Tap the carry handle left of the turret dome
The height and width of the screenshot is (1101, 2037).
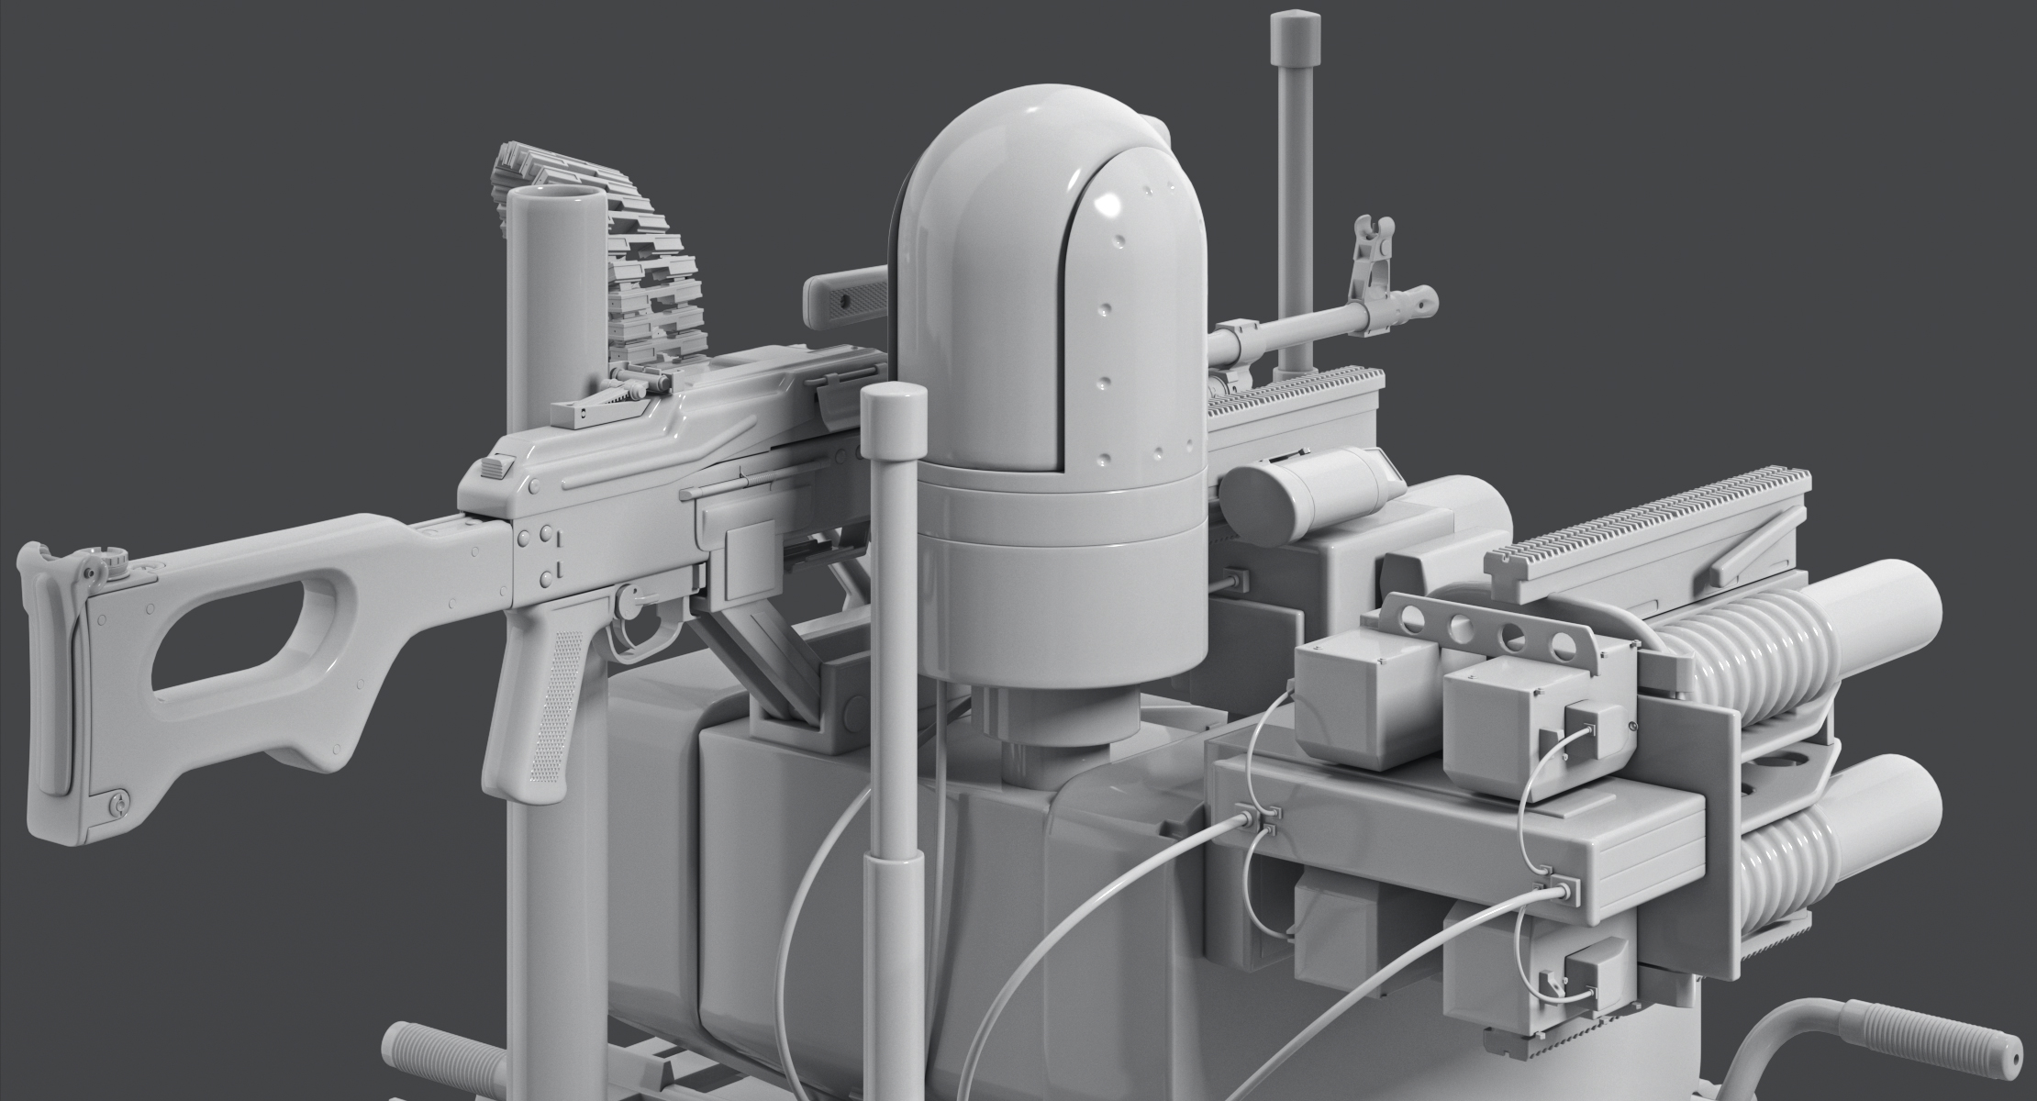(x=844, y=298)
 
